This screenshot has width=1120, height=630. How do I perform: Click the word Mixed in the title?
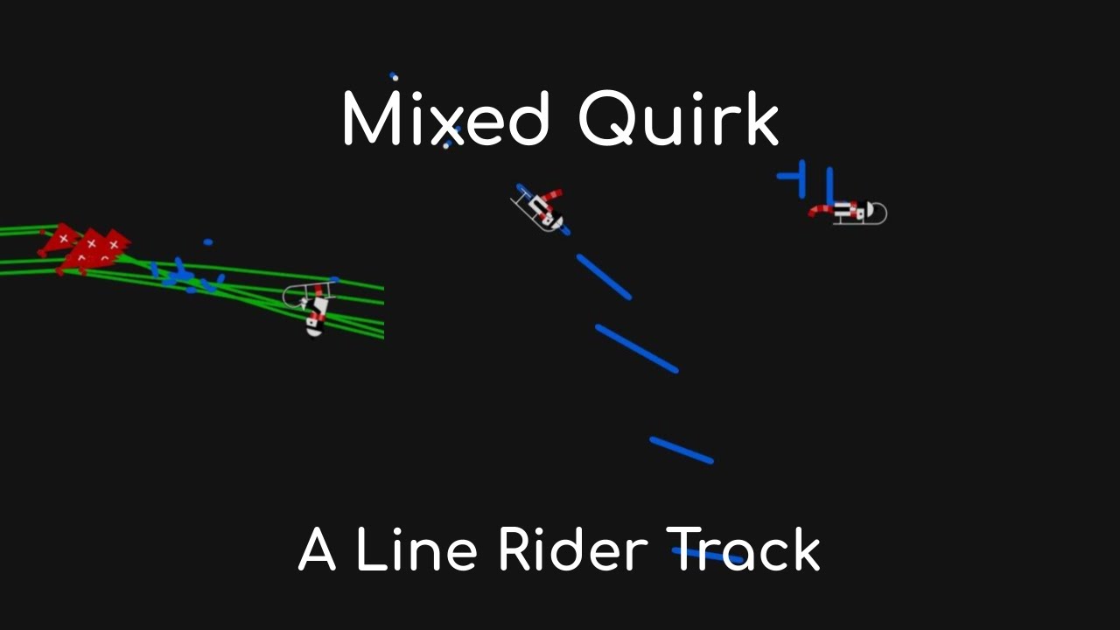coord(444,120)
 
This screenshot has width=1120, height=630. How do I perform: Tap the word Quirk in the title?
coord(678,120)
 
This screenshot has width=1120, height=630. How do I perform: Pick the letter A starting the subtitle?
coord(317,551)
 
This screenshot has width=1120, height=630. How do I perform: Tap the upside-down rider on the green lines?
coord(313,306)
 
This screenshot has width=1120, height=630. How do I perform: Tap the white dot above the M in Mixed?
coord(395,78)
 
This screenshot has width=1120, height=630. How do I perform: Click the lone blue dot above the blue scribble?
coord(208,241)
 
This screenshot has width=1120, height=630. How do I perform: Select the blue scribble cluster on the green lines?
coord(184,276)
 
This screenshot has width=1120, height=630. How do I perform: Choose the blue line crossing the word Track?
coord(708,555)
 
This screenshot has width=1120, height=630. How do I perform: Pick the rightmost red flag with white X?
coord(114,242)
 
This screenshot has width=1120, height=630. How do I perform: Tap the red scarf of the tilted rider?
coord(550,194)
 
